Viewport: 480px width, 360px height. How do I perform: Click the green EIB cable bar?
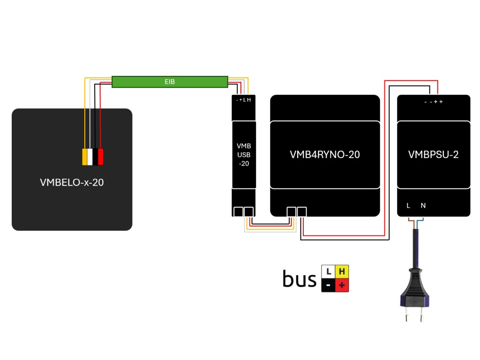[170, 82]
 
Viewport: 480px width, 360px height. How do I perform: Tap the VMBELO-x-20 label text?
[72, 183]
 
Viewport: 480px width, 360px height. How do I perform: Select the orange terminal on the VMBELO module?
[85, 157]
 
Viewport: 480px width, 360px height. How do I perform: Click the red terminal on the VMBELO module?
[100, 157]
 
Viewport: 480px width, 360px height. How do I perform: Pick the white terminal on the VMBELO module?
[90, 157]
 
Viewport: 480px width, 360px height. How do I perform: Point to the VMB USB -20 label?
[244, 155]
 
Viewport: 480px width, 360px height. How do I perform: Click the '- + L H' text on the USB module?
[244, 100]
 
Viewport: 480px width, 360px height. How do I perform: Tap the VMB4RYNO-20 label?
[325, 154]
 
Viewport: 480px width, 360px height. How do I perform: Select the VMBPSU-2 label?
[433, 155]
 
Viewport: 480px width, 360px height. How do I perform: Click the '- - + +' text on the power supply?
[433, 102]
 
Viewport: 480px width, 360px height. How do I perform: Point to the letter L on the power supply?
[408, 205]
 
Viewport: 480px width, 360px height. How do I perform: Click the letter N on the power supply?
[423, 205]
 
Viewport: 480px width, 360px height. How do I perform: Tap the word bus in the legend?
[300, 279]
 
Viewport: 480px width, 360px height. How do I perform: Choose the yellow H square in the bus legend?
[342, 271]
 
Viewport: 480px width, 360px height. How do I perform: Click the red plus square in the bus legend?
[342, 285]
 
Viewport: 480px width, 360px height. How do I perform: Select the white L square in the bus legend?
[328, 271]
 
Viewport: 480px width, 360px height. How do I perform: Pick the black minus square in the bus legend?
[328, 285]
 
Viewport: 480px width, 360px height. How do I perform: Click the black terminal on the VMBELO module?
[95, 157]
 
